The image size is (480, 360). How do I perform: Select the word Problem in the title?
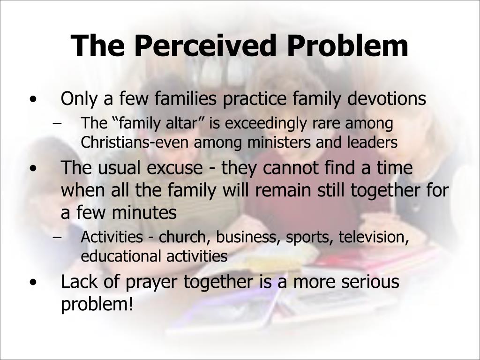pyautogui.click(x=347, y=46)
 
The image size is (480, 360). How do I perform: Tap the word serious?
pyautogui.click(x=368, y=283)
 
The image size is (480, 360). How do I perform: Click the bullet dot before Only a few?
pyautogui.click(x=32, y=100)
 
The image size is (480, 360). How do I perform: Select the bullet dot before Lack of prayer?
pyautogui.click(x=32, y=283)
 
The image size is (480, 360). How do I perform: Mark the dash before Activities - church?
pyautogui.click(x=57, y=238)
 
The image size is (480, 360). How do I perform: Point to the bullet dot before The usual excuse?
pyautogui.click(x=32, y=168)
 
